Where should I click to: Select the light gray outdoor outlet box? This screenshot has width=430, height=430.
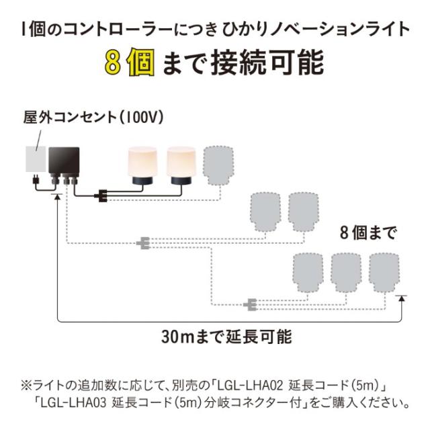click(x=34, y=161)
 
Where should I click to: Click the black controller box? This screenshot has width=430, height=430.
click(x=64, y=163)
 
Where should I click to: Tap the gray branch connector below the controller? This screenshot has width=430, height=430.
click(x=143, y=242)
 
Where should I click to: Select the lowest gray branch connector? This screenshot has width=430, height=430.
click(x=251, y=304)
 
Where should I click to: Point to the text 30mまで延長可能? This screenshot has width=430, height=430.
click(x=226, y=335)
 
